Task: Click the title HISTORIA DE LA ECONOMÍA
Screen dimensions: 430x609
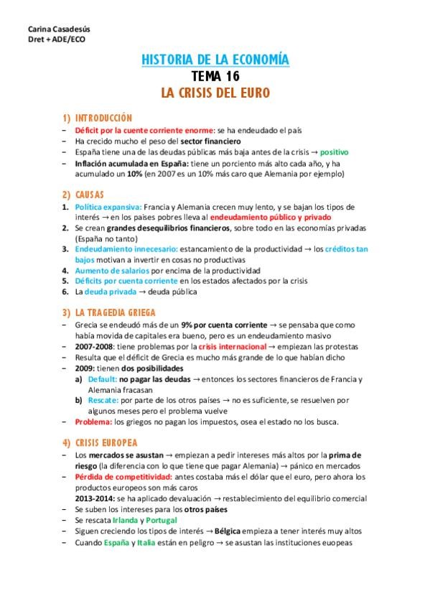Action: click(215, 61)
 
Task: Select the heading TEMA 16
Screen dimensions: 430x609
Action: click(215, 77)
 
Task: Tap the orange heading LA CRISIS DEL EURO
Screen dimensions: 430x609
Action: click(215, 93)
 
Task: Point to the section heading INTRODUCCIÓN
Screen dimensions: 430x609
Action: click(104, 117)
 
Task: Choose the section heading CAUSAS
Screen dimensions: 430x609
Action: click(90, 195)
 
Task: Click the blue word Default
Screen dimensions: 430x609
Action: click(102, 378)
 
